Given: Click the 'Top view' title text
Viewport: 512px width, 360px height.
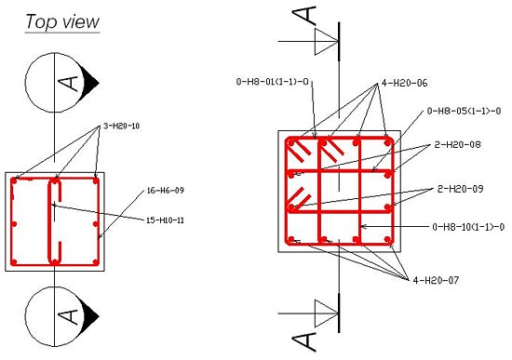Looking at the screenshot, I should (62, 21).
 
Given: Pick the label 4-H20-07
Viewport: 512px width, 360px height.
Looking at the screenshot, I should (436, 279).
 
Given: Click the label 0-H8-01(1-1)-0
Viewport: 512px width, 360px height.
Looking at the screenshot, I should (271, 83).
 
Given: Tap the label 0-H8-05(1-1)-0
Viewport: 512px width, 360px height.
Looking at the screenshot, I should (465, 112).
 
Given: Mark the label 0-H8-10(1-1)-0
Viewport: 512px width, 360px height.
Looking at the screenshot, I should (468, 226).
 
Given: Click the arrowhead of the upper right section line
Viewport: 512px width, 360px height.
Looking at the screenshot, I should (325, 41).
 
